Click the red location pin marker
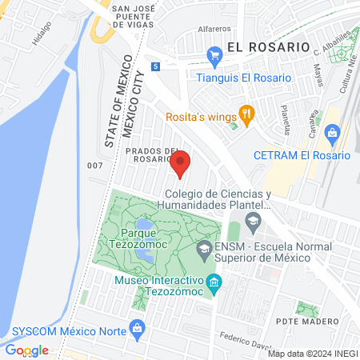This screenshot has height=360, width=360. (x=180, y=163)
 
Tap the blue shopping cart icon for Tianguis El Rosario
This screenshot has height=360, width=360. (x=214, y=55)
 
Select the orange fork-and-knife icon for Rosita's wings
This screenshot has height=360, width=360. (x=246, y=116)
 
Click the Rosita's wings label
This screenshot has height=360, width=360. (x=201, y=118)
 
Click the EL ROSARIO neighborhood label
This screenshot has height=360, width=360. (x=267, y=46)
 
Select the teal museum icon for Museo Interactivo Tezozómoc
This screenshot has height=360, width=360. (x=214, y=282)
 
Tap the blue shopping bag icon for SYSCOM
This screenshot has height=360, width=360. (x=138, y=327)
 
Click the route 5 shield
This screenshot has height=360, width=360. (x=154, y=66)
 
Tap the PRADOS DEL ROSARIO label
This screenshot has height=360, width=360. (x=151, y=154)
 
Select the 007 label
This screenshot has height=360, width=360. (x=95, y=165)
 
